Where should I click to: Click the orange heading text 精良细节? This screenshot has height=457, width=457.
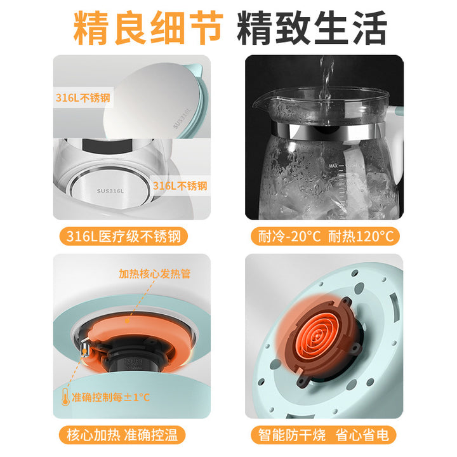tap(148, 28)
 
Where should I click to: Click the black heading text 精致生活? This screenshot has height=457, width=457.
tap(312, 28)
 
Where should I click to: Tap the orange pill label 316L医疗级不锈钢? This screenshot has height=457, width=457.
tap(124, 236)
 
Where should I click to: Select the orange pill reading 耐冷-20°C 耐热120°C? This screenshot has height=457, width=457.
tap(325, 236)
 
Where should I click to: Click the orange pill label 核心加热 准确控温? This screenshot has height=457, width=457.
tap(123, 435)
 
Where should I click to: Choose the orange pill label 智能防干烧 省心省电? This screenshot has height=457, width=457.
tap(324, 435)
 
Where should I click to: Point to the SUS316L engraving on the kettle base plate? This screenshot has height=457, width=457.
tap(110, 191)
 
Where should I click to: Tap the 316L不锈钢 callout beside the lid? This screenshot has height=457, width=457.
tap(83, 98)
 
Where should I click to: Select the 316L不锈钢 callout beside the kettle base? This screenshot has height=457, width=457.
tap(180, 185)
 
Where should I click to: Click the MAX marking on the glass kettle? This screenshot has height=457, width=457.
tap(333, 166)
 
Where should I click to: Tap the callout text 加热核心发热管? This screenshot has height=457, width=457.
tap(155, 274)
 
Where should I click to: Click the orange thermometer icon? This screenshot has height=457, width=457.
tap(65, 397)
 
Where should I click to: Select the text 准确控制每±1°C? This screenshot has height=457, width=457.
tap(110, 397)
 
